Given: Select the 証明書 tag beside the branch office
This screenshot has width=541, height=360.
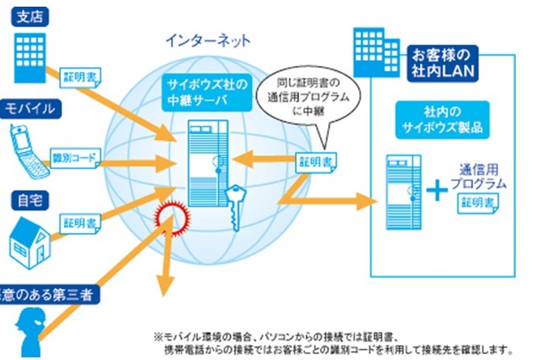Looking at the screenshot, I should (x=81, y=76).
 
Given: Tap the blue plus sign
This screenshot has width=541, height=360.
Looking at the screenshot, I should (x=438, y=190).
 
